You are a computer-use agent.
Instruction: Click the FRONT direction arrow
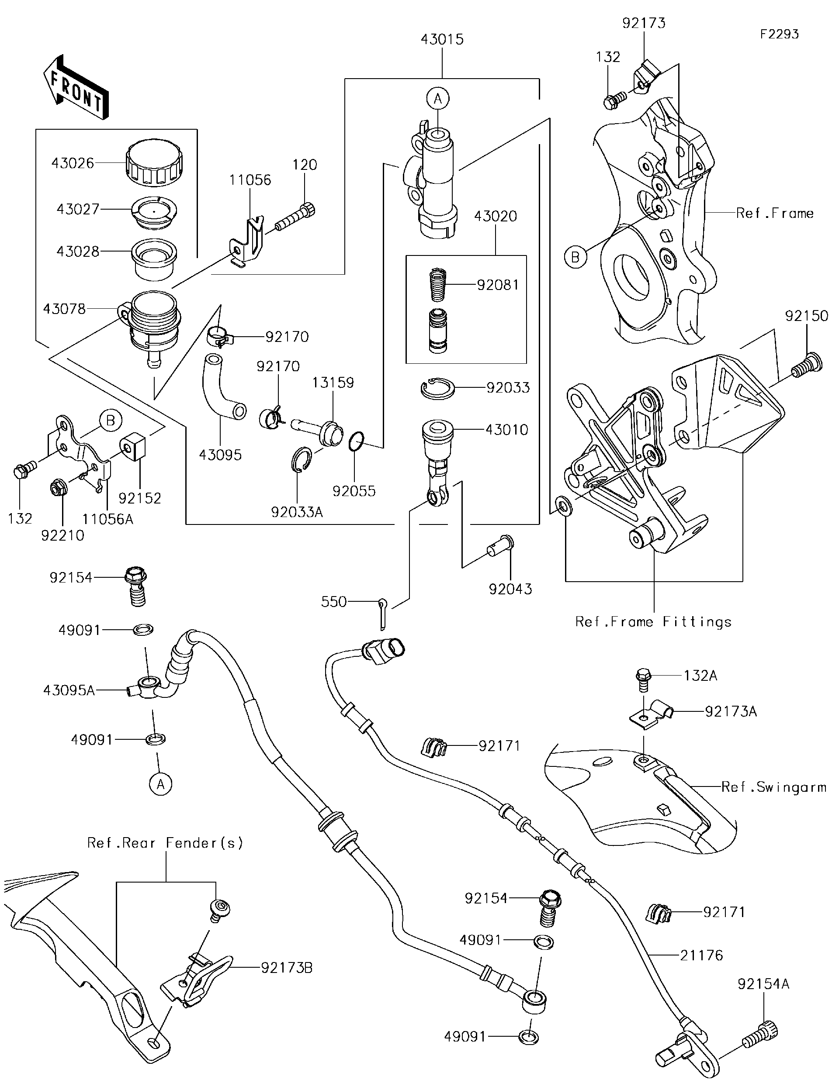click(x=76, y=86)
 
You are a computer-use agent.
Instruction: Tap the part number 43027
click(x=78, y=209)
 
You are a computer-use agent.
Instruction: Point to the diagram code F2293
click(x=780, y=34)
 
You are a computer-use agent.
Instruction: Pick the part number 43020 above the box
click(x=495, y=216)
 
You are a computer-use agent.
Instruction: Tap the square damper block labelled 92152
click(x=133, y=447)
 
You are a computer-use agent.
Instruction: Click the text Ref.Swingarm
click(x=774, y=787)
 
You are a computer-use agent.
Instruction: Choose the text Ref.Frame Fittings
click(x=653, y=622)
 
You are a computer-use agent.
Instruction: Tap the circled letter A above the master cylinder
click(x=437, y=99)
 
